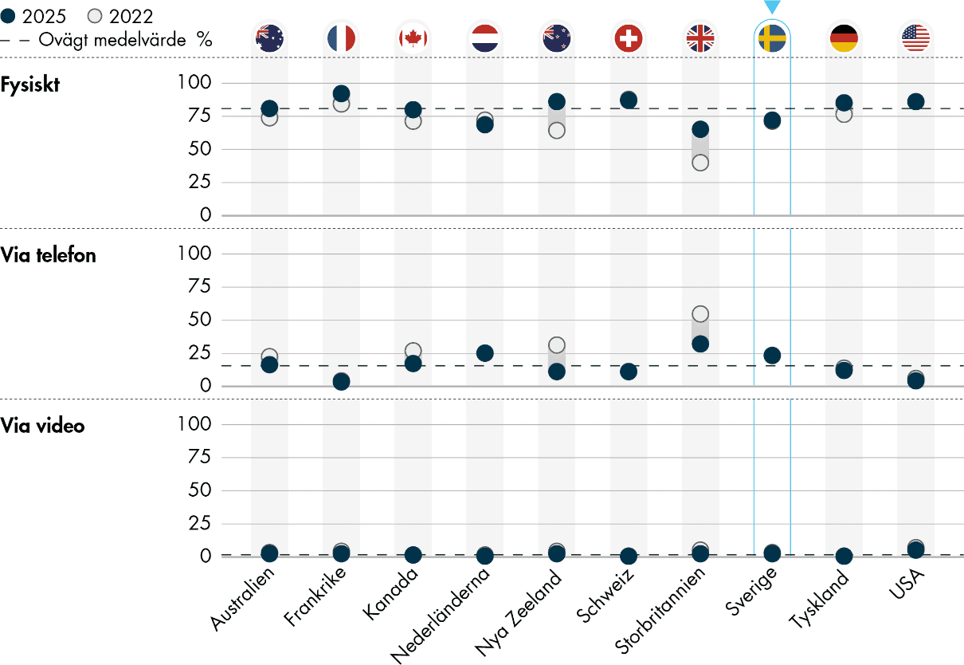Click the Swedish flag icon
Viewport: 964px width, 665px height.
(x=771, y=38)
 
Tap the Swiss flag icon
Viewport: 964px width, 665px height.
(x=628, y=38)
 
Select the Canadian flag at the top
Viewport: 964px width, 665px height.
(x=413, y=38)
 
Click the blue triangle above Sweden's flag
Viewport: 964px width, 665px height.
(x=771, y=7)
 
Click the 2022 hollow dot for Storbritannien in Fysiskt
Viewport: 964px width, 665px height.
(x=700, y=163)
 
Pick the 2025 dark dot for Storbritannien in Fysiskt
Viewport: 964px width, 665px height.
(x=700, y=129)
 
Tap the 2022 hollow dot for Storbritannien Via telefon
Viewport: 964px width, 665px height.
(x=700, y=314)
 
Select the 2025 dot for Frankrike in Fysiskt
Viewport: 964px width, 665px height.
(x=341, y=93)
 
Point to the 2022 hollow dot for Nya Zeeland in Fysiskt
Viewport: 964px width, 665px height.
(x=556, y=131)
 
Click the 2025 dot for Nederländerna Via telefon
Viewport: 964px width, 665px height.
(x=484, y=352)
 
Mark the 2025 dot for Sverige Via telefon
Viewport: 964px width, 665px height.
(x=771, y=355)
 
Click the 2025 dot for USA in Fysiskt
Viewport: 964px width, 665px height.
(x=915, y=101)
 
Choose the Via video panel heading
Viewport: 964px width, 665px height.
(x=43, y=426)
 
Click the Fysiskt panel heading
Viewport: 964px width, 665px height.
(x=30, y=85)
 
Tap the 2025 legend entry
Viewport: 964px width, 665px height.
(x=37, y=16)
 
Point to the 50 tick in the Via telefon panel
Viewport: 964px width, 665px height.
(x=201, y=320)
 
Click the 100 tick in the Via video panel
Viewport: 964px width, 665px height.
(x=196, y=424)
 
